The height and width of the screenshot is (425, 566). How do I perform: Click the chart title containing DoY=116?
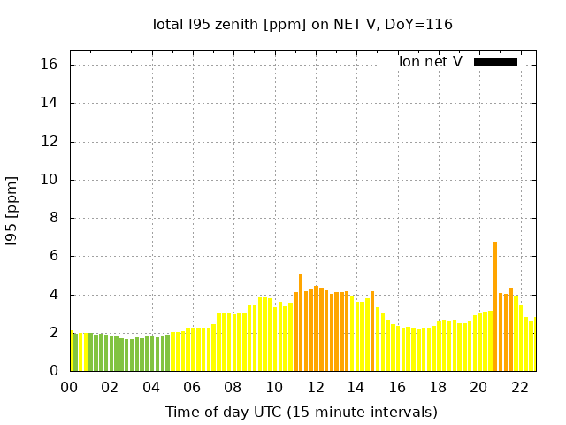[302, 25]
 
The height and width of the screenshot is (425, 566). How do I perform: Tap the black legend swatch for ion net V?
[495, 62]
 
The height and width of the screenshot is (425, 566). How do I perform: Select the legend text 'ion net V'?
[430, 62]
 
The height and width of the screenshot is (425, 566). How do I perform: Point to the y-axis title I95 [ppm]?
[12, 211]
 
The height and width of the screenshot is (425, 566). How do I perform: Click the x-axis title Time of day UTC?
[302, 412]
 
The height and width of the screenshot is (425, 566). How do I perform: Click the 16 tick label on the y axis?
[50, 65]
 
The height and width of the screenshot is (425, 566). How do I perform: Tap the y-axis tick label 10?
[50, 180]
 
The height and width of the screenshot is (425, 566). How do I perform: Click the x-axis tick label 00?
[69, 388]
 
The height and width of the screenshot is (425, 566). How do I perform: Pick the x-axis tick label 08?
[233, 388]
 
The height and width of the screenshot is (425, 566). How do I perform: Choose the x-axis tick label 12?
[315, 388]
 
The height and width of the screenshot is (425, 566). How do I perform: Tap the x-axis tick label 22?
[519, 388]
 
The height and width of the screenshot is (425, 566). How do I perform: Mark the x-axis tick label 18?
[438, 388]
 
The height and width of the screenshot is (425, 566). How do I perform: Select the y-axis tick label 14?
[50, 103]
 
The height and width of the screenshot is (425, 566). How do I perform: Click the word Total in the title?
[167, 25]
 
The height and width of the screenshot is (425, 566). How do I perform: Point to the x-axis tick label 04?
[151, 388]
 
